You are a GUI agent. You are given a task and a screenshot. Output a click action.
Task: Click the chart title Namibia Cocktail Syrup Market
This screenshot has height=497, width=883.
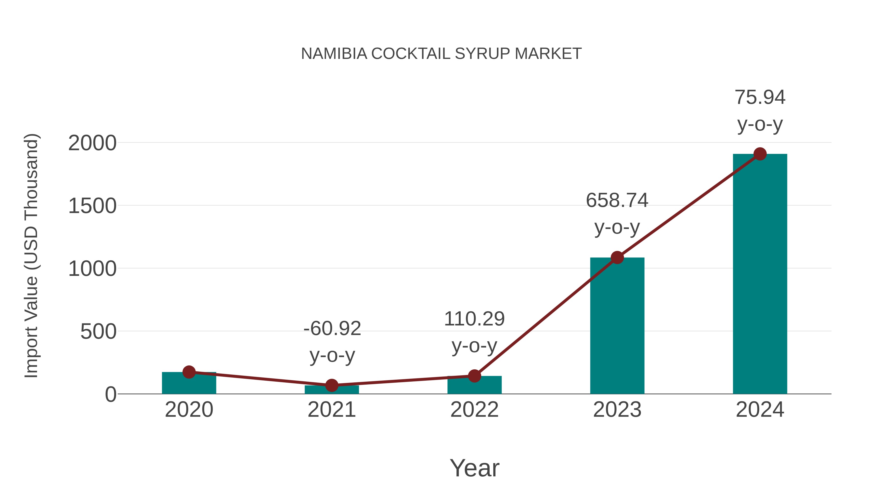pos(441,54)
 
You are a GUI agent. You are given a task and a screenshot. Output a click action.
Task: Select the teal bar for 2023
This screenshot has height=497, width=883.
pos(617,326)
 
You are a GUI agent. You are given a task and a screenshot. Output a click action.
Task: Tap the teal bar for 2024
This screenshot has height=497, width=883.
pos(760,274)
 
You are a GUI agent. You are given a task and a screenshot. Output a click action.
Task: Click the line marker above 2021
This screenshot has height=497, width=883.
pos(331,385)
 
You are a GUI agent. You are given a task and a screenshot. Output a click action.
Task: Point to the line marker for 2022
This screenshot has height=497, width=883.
pos(474,376)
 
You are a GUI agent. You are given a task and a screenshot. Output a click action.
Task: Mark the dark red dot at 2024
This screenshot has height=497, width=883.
pos(760,154)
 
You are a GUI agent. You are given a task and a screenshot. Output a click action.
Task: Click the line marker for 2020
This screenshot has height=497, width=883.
pos(189,372)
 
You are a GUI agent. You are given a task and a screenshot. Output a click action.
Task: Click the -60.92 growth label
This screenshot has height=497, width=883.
pos(332,329)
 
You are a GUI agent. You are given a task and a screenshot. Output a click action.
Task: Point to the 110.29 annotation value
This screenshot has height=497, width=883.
pos(474,319)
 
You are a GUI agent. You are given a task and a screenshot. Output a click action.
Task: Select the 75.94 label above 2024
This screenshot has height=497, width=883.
pos(760,97)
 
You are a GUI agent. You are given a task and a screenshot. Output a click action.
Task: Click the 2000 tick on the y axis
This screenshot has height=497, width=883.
pos(92,143)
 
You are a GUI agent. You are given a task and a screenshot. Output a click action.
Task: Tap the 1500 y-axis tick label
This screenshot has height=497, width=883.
pos(92,206)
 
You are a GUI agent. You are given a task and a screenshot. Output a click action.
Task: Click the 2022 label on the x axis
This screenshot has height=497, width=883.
pos(474,410)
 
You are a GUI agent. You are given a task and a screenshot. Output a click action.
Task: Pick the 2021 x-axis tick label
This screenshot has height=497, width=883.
pos(331,410)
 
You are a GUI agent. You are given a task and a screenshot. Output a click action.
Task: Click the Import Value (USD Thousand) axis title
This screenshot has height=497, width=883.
pos(32,255)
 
